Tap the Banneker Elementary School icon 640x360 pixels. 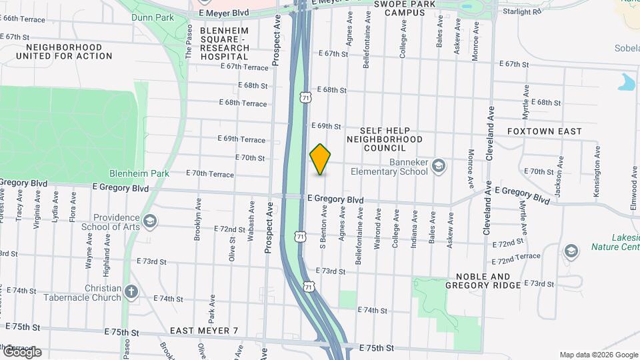click(x=439, y=165)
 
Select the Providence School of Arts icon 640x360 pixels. click(x=150, y=221)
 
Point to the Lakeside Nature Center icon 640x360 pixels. click(x=571, y=251)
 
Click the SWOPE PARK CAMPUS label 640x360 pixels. click(x=399, y=8)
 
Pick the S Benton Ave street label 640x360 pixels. click(x=325, y=226)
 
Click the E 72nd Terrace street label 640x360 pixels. click(x=516, y=256)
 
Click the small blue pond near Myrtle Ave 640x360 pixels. click(x=627, y=83)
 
